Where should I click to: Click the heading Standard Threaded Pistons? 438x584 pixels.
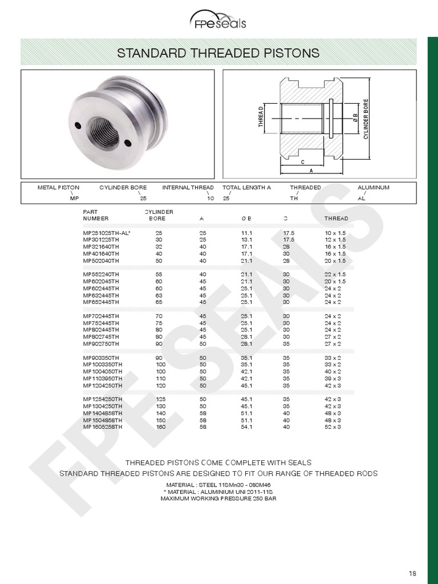[218, 53]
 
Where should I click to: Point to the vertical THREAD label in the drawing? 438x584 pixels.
[261, 117]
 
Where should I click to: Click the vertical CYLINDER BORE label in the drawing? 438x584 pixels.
[366, 119]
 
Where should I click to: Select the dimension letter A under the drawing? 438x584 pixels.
[311, 171]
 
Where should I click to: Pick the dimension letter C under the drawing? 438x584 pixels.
[302, 162]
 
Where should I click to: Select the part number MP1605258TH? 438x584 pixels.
[103, 427]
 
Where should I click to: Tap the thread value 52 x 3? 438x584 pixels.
[332, 427]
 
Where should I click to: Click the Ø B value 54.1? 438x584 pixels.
[246, 427]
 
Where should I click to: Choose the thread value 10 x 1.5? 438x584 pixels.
[335, 233]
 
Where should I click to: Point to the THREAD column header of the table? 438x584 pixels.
[336, 218]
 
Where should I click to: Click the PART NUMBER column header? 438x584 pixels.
[95, 215]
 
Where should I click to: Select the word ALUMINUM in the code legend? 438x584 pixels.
[373, 188]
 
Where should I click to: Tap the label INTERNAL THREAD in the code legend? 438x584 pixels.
[188, 188]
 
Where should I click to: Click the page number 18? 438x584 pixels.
[412, 573]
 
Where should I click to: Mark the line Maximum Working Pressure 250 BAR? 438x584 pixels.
[218, 498]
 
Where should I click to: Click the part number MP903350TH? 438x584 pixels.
[101, 358]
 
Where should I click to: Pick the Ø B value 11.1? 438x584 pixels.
[246, 233]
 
